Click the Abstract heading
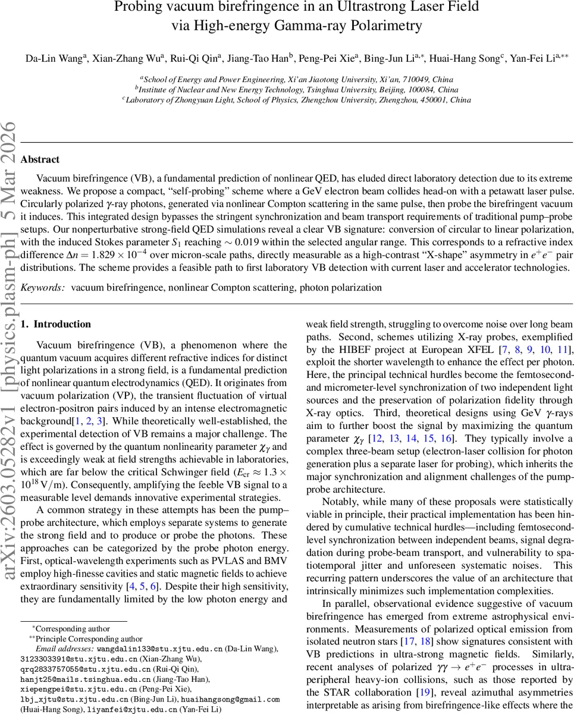pos(40,159)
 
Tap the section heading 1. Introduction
pos(56,324)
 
